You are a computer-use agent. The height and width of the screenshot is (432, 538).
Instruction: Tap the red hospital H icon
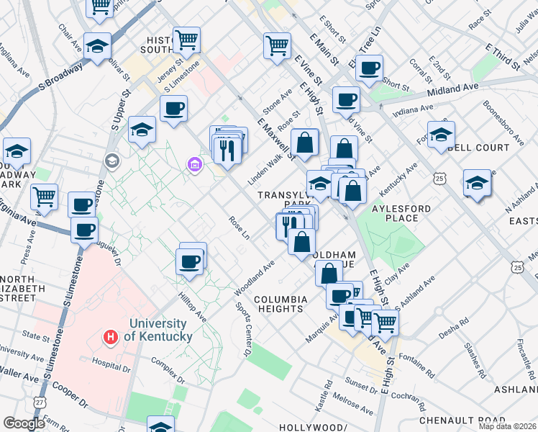pos(111,336)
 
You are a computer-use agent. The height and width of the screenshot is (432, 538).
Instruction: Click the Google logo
pos(24,423)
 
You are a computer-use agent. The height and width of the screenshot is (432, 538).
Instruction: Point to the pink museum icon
pos(194,166)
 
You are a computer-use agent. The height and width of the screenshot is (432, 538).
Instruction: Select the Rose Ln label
pos(239,230)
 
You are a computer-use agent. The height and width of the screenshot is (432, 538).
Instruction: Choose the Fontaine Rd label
pos(418,366)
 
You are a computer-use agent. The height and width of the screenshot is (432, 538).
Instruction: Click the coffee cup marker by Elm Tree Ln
pos(369,68)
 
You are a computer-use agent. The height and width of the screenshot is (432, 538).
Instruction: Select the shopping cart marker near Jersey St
pos(186,40)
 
